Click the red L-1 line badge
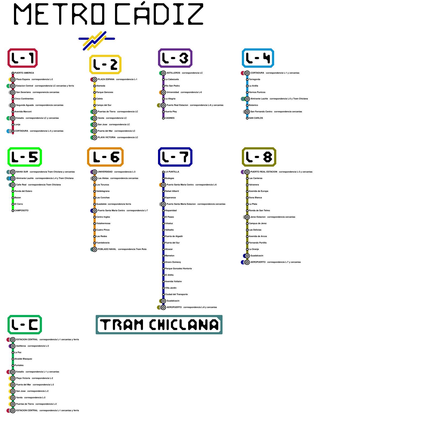point(23,58)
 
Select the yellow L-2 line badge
point(105,64)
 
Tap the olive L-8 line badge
point(259,157)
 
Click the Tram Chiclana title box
point(159,325)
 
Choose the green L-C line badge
point(25,325)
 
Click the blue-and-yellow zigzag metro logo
point(96,40)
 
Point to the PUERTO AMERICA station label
point(24,73)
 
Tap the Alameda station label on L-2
point(101,86)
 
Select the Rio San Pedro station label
point(172,86)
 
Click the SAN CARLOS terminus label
point(256,118)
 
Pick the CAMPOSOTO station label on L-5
point(21,210)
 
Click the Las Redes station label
point(102,236)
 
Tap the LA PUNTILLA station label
point(172,172)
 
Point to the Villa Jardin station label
point(171,288)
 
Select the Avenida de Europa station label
point(259,191)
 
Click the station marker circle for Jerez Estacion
point(247,217)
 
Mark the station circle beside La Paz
point(13,353)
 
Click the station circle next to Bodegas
point(163,178)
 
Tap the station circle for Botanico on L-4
point(247,105)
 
